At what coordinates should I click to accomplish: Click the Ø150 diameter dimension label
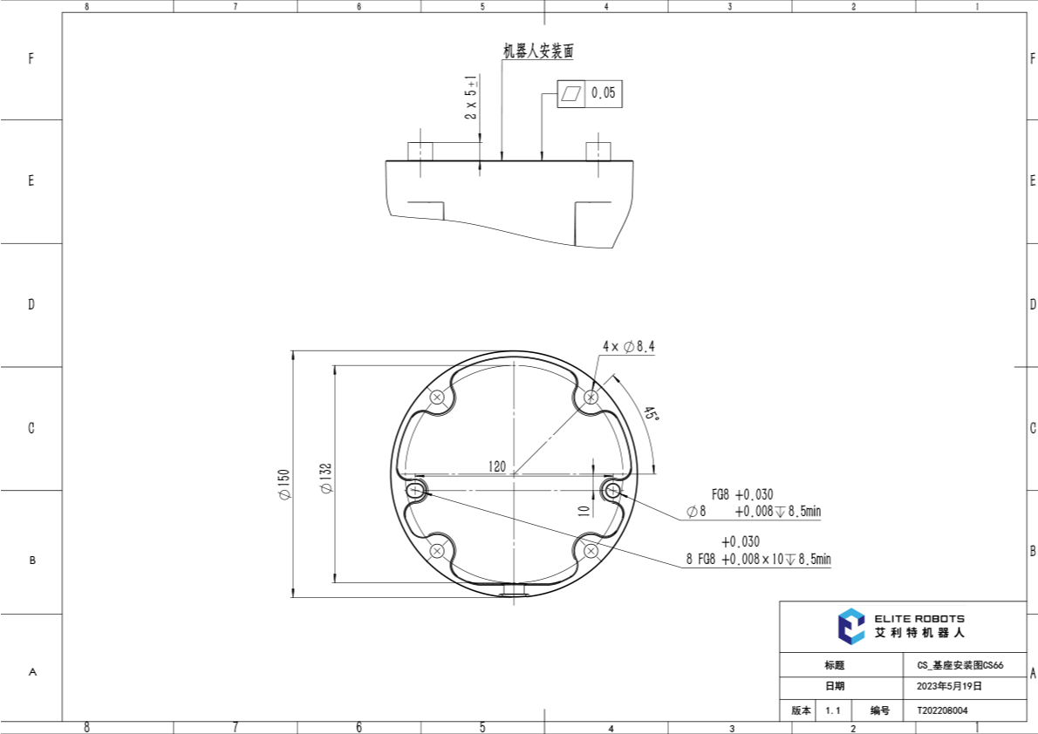click(x=284, y=485)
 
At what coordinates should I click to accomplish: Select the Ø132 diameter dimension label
click(x=325, y=478)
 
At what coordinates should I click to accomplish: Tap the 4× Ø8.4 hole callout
click(x=629, y=346)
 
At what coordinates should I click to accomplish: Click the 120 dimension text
click(x=497, y=466)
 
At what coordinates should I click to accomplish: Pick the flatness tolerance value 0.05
click(x=603, y=93)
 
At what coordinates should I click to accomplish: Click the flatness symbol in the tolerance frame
click(x=571, y=94)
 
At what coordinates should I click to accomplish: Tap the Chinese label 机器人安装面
click(x=538, y=51)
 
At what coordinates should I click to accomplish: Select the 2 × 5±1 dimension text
click(x=471, y=97)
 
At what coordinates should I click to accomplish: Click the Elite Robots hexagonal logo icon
click(x=851, y=625)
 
